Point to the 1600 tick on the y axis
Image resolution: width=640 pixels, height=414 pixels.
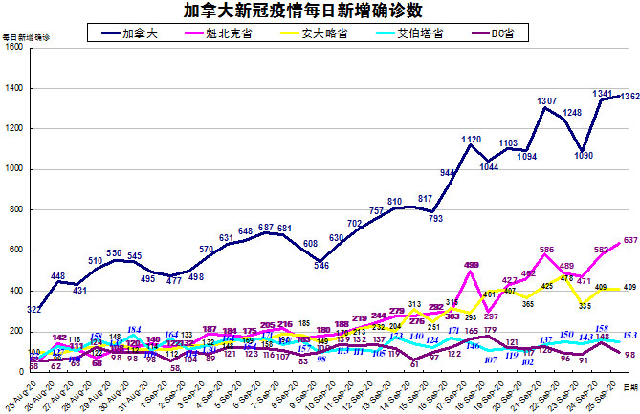14,48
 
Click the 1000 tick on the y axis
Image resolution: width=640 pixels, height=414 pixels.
14,170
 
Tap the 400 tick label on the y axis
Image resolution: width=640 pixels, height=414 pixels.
17,292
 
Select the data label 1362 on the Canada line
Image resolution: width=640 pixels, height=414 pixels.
628,97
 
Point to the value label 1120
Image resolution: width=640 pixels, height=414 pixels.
471,140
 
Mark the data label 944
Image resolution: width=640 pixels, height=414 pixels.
448,172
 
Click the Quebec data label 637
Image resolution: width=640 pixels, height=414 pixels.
629,240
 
